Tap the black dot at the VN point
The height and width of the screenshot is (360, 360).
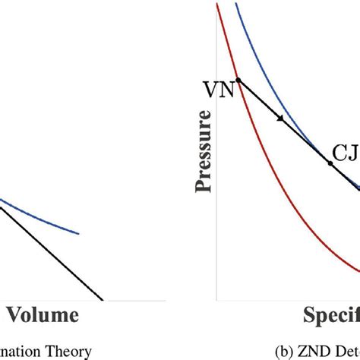pyautogui.click(x=238, y=80)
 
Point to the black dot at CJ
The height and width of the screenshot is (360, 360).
pyautogui.click(x=330, y=163)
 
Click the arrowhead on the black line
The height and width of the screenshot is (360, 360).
pyautogui.click(x=282, y=119)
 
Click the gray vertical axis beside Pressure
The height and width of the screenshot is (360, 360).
pyautogui.click(x=217, y=228)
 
